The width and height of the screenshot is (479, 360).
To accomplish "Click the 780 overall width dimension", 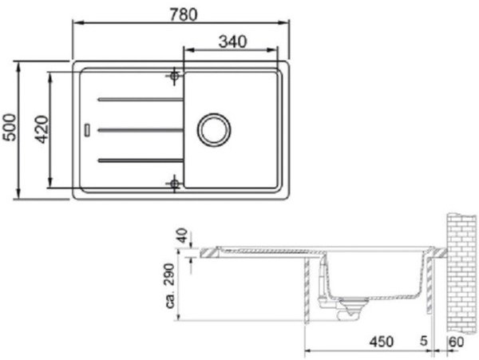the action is click(x=184, y=14).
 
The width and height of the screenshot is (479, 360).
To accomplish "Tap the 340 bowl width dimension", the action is click(x=232, y=42).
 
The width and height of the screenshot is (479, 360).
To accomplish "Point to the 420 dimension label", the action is click(x=42, y=129).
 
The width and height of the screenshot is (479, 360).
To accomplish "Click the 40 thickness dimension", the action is click(x=183, y=235).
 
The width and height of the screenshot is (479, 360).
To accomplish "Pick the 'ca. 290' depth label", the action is click(x=170, y=286).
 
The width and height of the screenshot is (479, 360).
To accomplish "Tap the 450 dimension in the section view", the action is click(x=382, y=342).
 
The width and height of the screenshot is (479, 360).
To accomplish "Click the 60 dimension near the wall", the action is click(x=457, y=342).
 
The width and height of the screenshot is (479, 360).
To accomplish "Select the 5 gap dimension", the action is click(x=423, y=341).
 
